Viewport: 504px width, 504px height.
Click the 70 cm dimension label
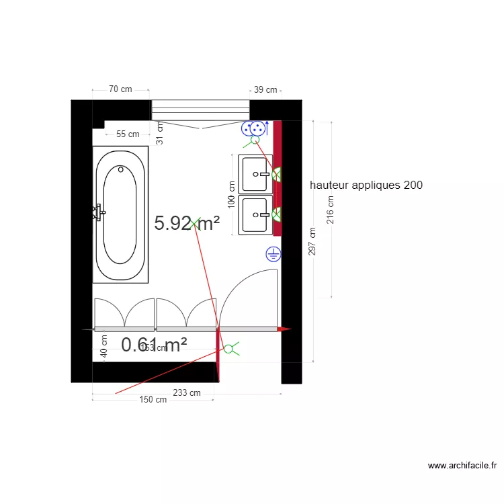coord(120,89)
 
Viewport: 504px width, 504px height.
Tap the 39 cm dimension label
coord(265,90)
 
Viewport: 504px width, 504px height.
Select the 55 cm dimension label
coord(128,134)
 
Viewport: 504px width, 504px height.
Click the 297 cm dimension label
coord(312,241)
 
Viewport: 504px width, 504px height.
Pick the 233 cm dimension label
coord(186,392)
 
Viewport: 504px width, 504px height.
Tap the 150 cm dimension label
coord(153,400)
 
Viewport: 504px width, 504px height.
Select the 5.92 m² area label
coord(187,223)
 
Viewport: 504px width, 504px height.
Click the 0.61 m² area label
coord(154,345)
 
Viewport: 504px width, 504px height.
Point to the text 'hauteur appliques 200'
coord(366,185)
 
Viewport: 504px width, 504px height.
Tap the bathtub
coord(120,214)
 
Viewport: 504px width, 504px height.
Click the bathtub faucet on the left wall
coord(97,212)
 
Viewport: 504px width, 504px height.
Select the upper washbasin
coord(255,173)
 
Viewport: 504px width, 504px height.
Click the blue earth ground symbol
coord(274,254)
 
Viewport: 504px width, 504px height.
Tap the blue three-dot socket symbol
coord(254,128)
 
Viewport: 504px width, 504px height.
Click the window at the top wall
coord(200,110)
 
